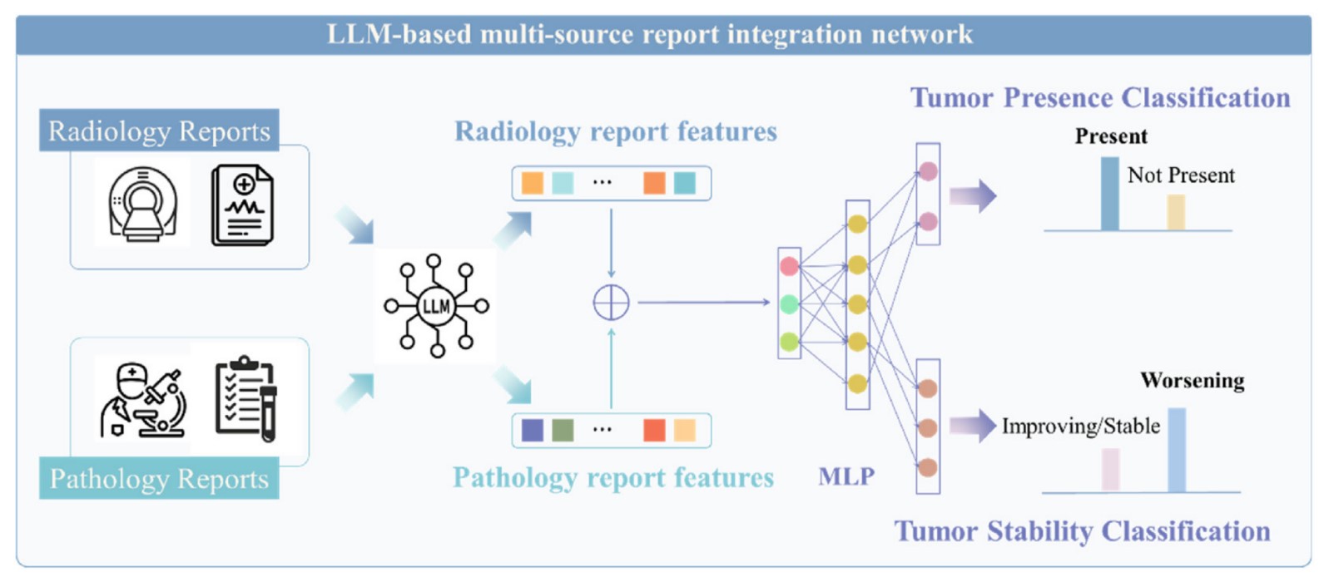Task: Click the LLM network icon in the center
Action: (x=436, y=306)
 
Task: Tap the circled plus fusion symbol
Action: (x=611, y=303)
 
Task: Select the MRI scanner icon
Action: (x=143, y=204)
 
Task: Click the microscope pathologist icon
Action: (x=143, y=400)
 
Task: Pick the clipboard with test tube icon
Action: (x=245, y=399)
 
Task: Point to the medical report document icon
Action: (x=242, y=205)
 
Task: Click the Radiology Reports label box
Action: (x=159, y=131)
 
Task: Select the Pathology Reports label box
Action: (x=159, y=478)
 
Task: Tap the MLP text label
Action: (x=846, y=476)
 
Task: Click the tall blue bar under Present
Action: (x=1109, y=194)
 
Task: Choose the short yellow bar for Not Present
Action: (x=1175, y=212)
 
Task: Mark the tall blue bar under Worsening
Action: (x=1176, y=450)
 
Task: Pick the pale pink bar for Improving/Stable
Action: (x=1110, y=470)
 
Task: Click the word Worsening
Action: (x=1192, y=380)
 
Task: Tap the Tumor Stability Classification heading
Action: (x=1082, y=530)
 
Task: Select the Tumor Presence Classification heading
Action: (x=1099, y=97)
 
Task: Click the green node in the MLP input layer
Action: (x=789, y=304)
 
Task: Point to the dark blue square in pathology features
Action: (x=532, y=430)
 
